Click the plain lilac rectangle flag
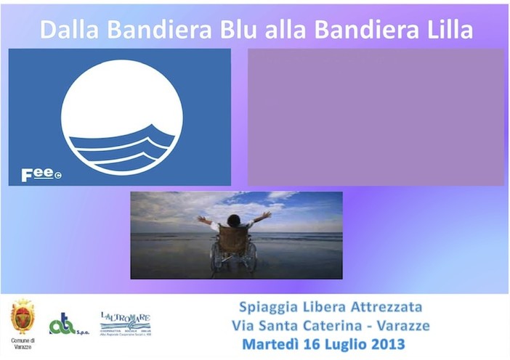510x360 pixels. click(x=375, y=117)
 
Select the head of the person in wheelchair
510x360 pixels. click(x=234, y=220)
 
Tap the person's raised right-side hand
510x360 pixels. click(x=267, y=215)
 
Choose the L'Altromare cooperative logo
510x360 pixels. click(x=125, y=322)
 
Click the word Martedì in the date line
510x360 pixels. click(x=275, y=343)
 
